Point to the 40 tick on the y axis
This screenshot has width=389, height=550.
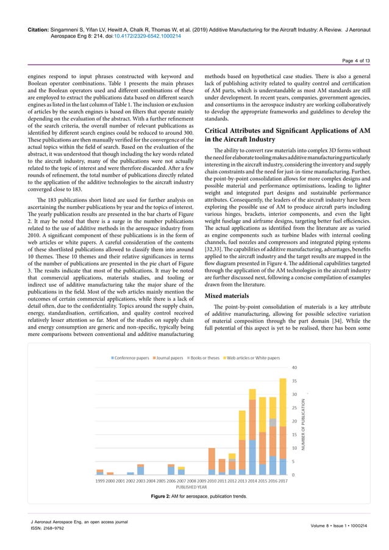coord(294,368)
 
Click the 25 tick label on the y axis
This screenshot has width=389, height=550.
coord(294,408)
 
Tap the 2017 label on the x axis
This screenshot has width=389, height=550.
coord(282,481)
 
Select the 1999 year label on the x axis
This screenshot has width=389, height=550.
coord(100,481)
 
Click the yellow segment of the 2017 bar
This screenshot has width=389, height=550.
coord(282,402)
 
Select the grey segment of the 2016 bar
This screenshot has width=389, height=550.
coord(273,422)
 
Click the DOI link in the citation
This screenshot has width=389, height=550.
coord(150,36)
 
